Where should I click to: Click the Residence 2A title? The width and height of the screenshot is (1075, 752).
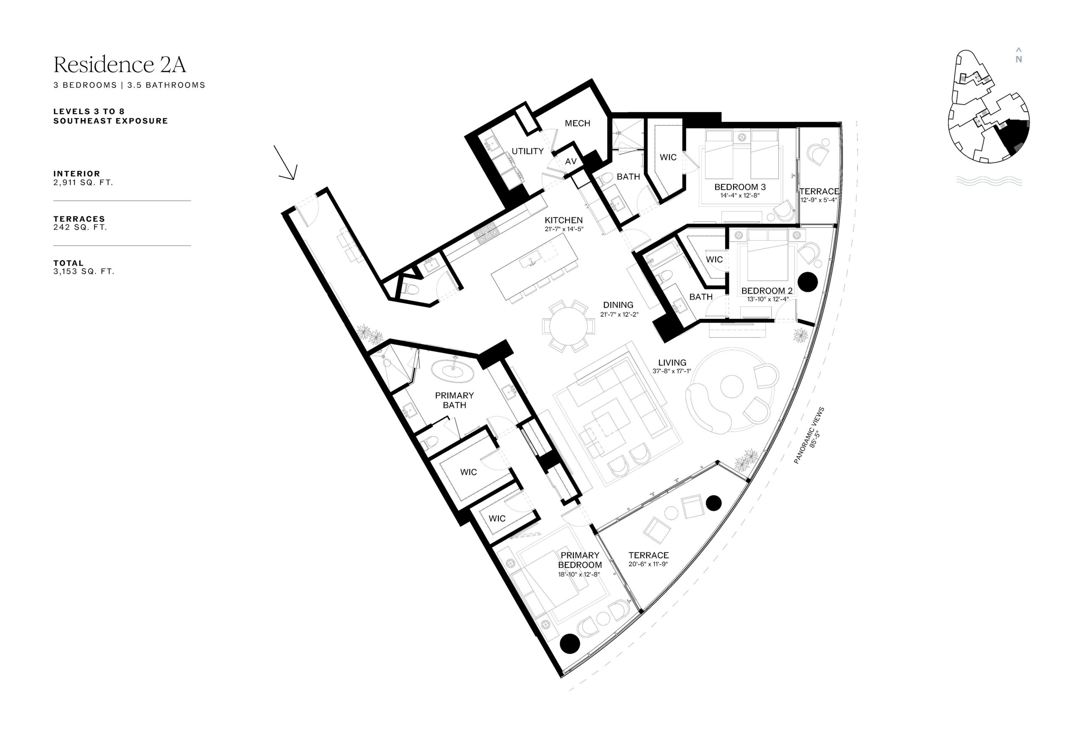tap(120, 65)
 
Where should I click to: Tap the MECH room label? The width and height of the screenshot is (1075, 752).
tap(577, 123)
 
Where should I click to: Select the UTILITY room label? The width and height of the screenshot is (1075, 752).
tap(527, 151)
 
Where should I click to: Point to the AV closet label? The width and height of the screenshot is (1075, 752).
tap(571, 162)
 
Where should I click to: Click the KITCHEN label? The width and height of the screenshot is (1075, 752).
tap(564, 220)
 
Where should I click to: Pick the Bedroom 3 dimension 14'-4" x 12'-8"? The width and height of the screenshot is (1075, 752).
tap(740, 195)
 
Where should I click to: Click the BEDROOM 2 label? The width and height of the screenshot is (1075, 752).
tap(767, 290)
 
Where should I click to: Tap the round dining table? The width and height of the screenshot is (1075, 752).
tap(569, 326)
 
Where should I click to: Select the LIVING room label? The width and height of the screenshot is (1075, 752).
tap(672, 363)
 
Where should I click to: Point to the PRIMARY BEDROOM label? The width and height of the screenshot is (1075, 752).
tap(579, 560)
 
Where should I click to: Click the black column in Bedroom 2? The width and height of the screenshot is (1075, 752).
tap(808, 281)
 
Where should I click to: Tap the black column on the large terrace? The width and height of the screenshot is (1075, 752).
tap(713, 503)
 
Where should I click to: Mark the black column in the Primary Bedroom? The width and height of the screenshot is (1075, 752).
tap(570, 643)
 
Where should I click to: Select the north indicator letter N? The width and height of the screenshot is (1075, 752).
tap(1018, 60)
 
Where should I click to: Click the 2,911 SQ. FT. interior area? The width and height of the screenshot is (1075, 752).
tap(83, 182)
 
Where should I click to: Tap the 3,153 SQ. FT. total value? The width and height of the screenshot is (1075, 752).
tap(84, 271)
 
